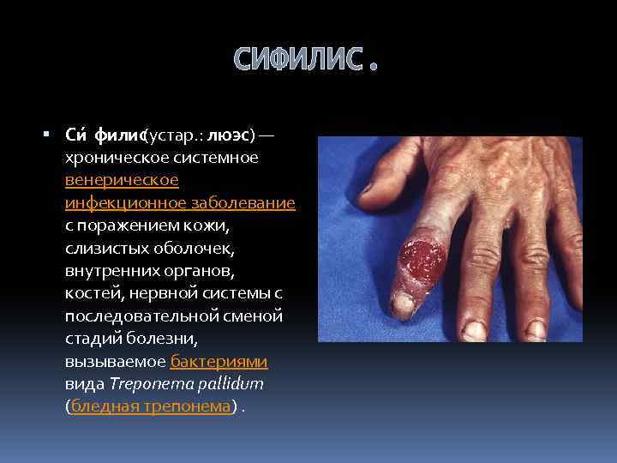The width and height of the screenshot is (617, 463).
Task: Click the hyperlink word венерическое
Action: point(122,180)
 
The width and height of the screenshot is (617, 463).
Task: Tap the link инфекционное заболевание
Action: point(180,203)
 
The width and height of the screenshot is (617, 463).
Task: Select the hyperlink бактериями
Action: point(219,361)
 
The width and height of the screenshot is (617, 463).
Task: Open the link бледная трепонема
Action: point(151,406)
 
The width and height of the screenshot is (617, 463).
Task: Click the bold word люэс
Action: point(228,135)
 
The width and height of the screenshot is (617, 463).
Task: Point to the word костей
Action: point(87,293)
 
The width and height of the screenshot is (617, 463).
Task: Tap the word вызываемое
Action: point(114,361)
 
